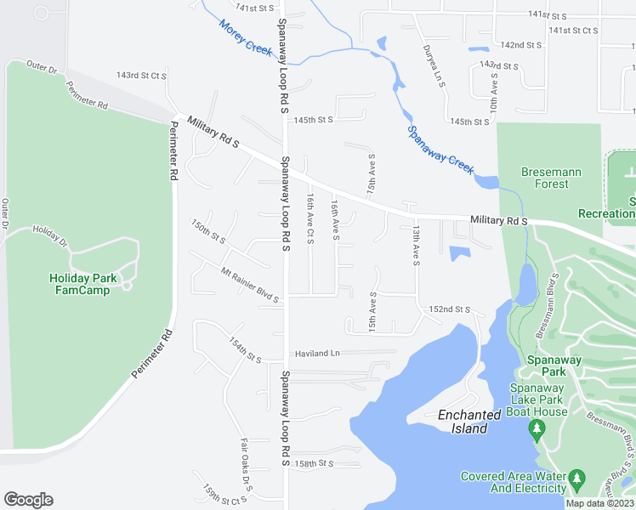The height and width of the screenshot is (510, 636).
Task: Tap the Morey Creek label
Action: point(246,38)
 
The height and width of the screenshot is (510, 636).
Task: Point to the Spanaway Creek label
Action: point(440,150)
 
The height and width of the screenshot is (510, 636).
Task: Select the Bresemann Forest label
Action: point(551,178)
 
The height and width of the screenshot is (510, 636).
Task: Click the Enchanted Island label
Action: point(468,422)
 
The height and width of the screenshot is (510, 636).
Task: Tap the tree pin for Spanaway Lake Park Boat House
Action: point(537,428)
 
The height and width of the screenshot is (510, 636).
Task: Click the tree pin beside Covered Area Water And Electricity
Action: point(577,479)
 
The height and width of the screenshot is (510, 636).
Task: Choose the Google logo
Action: point(28,499)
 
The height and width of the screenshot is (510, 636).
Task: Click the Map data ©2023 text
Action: point(599,503)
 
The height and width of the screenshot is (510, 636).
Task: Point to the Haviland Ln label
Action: point(317,353)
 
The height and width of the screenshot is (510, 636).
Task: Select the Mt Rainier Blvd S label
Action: point(249,285)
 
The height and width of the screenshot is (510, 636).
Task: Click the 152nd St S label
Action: point(450,309)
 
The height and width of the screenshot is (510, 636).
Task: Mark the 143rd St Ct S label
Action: point(141,76)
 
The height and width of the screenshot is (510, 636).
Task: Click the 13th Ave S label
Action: point(416,246)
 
